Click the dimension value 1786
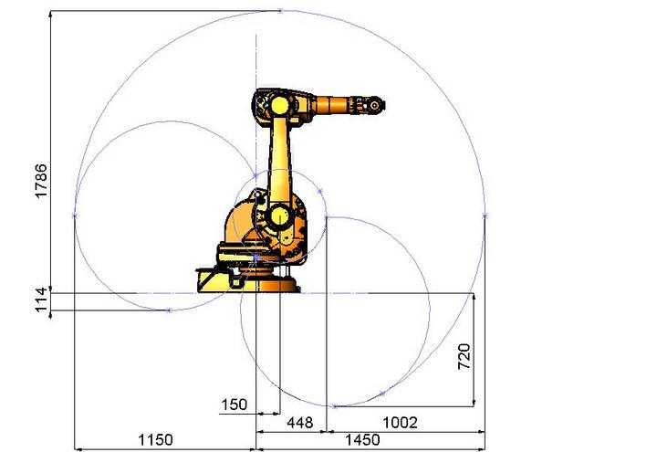pos(41,181)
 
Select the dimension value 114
pos(41,300)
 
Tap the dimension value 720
pos(464,356)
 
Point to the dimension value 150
pos(234,405)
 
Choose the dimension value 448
pos(300,422)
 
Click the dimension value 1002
pos(401,422)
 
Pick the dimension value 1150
pos(155,440)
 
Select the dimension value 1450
pos(362,440)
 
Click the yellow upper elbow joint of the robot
pos(279,105)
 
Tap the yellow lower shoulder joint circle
pos(279,216)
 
